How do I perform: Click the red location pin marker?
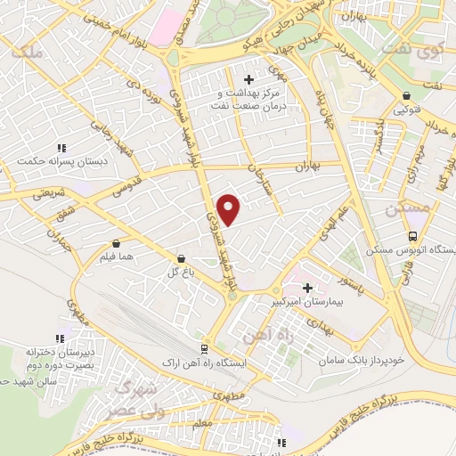coord(229,208)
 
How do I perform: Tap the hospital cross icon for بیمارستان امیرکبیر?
coord(308,288)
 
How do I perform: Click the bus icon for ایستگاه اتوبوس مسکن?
coord(412,237)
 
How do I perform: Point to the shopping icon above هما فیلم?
coord(118,242)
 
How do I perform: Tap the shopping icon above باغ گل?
coord(182,258)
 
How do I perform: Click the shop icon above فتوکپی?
coord(407,96)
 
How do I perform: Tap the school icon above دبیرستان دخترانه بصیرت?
coord(60,338)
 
